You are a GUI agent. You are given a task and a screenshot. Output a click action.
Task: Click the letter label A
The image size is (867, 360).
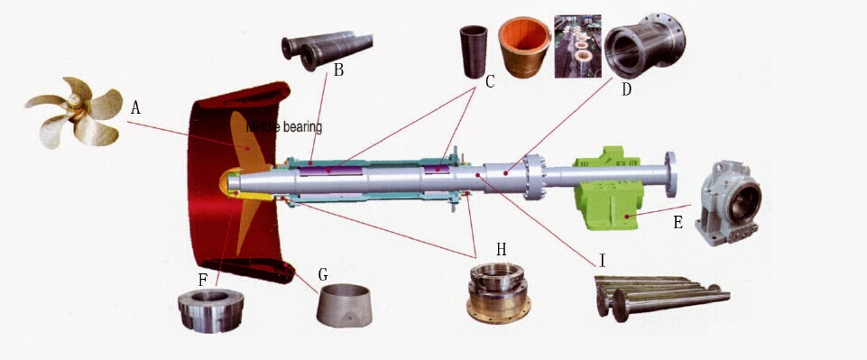[135, 107]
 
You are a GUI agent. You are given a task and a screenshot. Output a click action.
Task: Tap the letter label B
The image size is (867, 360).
[338, 70]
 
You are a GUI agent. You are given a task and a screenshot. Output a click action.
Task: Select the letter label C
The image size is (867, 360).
[490, 82]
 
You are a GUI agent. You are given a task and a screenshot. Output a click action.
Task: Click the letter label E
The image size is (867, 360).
[677, 221]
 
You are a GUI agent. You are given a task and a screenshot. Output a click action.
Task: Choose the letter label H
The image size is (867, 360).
[500, 248]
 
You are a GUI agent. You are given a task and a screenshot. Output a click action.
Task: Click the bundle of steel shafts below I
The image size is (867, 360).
[659, 294]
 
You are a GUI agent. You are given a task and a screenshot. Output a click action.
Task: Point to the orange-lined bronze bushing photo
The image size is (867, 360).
[527, 46]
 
